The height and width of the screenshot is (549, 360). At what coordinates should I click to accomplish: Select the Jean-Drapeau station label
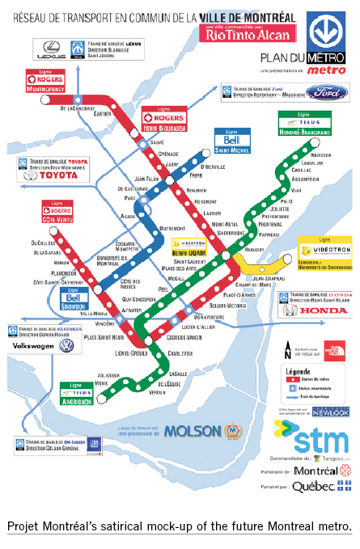pos(259,278)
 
